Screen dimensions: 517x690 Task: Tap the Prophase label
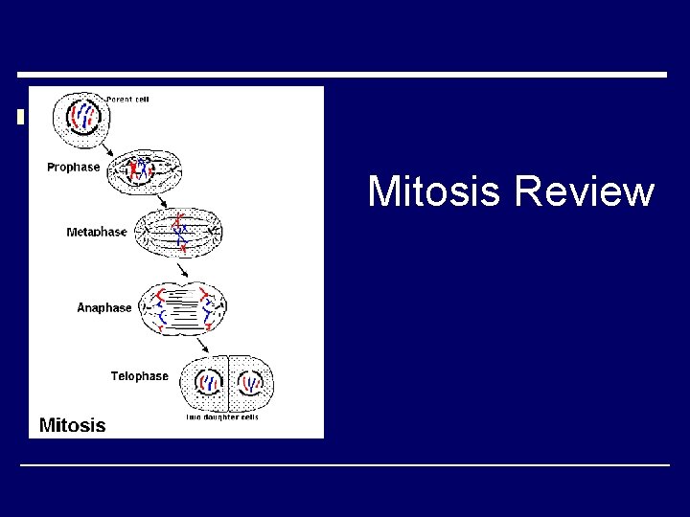(x=73, y=168)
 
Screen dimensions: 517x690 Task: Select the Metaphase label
(x=96, y=233)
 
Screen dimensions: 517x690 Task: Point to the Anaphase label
(x=104, y=308)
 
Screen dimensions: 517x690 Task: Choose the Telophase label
(x=139, y=376)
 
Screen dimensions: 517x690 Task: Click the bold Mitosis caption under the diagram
(x=72, y=424)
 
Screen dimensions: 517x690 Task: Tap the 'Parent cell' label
(x=126, y=98)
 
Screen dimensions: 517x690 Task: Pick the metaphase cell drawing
(x=179, y=233)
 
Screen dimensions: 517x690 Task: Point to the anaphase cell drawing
(x=183, y=308)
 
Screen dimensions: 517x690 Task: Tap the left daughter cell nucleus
(x=209, y=383)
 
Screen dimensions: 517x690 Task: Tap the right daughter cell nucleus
(x=252, y=383)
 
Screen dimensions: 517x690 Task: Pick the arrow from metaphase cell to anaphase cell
(x=183, y=270)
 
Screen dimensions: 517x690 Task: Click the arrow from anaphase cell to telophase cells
(x=204, y=345)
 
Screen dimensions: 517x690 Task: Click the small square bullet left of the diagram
(x=20, y=118)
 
